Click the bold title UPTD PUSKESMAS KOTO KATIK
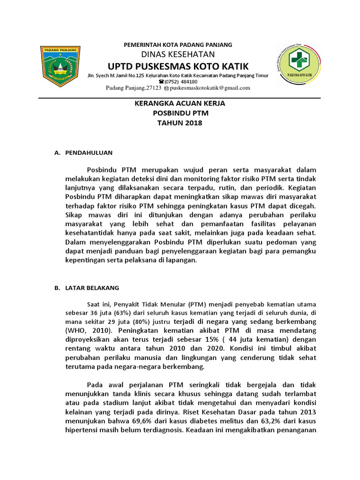tap(178, 66)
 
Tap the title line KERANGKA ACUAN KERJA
tap(177, 103)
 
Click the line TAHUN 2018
tap(177, 123)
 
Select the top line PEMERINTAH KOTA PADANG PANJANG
tap(177, 45)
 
